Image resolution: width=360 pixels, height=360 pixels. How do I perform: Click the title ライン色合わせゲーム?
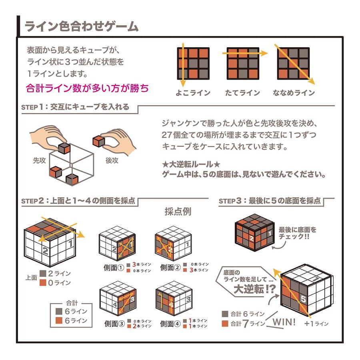pos(82,26)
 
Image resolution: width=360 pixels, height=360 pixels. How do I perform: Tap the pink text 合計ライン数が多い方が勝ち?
pos(87,88)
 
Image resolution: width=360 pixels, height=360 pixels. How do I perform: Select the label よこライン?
pos(193,93)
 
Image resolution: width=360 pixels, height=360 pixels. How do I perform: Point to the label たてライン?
pos(242,93)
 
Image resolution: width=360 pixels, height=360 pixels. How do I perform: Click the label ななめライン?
pos(294,93)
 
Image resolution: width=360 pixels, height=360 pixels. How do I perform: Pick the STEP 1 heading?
pos(75,107)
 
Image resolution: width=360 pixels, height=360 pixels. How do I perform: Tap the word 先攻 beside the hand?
pos(40,160)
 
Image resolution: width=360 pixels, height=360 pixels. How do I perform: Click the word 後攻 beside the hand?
pos(112,160)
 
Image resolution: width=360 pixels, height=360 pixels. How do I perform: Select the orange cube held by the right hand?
pos(98,141)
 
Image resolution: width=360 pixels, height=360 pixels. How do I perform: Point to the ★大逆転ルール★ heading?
pos(191,164)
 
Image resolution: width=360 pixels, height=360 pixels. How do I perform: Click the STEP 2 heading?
pos(78,201)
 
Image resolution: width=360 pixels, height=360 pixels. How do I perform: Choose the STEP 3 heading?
pos(270,201)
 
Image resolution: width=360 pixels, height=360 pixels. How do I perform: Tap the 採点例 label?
pos(178,212)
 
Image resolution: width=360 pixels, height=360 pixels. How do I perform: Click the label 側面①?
pos(114,268)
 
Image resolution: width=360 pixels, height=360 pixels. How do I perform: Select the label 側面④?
pos(170,324)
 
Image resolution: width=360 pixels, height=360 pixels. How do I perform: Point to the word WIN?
pos(284,322)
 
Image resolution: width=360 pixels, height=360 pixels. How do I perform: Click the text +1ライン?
pos(316,324)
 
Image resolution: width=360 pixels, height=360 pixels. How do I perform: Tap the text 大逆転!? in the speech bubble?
pos(255,289)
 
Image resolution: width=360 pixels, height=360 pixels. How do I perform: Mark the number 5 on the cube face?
pos(303,299)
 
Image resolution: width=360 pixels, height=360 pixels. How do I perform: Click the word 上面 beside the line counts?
pos(31,278)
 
